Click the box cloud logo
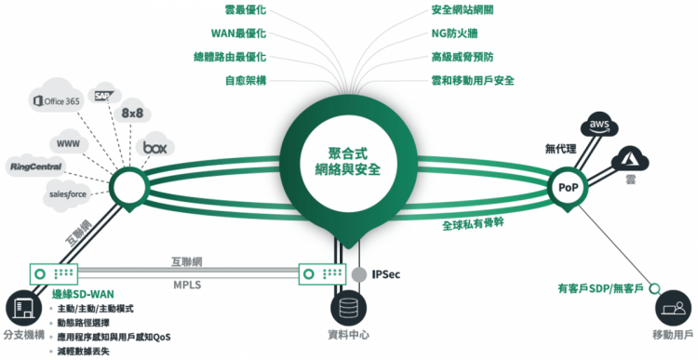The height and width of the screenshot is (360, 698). (153, 147)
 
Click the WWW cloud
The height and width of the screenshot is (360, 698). (68, 144)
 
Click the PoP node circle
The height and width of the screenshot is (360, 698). (568, 187)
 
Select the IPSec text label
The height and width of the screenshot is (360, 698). (387, 274)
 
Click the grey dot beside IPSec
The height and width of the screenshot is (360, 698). (358, 274)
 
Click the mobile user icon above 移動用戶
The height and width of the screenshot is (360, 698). (672, 308)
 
